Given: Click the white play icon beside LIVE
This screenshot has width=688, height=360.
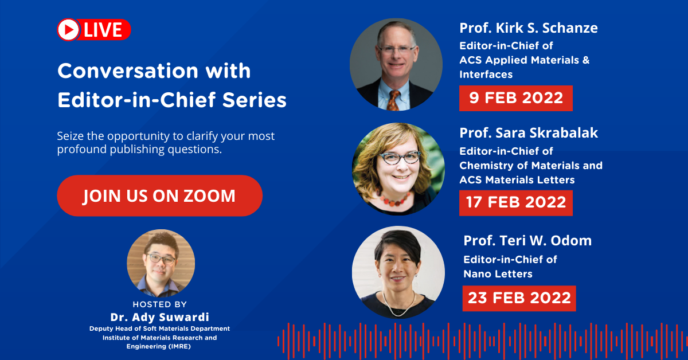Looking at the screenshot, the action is tap(68, 30).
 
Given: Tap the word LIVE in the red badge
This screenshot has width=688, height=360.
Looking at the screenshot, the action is tap(103, 30).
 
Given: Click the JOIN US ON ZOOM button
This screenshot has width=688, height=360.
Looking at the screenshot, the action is tap(160, 195).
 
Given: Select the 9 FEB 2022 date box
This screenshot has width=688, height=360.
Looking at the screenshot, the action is tap(516, 98).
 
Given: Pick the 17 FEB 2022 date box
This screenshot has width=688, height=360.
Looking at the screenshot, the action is tap(516, 203).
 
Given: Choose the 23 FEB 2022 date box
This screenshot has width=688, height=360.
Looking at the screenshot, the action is tap(519, 298).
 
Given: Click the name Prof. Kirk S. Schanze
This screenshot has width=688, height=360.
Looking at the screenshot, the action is tap(529, 28).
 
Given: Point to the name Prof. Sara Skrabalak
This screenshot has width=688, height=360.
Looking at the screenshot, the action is tap(529, 133).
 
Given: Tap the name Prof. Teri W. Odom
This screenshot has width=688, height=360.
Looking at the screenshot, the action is tap(527, 241).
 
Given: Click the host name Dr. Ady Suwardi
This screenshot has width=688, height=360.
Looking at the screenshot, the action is tap(160, 317).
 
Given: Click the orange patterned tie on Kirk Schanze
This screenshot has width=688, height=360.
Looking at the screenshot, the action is tap(393, 100).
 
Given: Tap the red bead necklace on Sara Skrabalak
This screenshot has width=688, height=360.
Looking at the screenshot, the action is tap(394, 199).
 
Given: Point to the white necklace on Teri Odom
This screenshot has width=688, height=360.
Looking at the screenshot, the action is tap(399, 305).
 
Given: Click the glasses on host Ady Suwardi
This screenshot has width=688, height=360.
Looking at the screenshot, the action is tap(161, 259).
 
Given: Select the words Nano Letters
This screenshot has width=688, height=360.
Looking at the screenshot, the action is tap(498, 273).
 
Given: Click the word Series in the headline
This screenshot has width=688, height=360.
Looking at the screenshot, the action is tap(255, 100).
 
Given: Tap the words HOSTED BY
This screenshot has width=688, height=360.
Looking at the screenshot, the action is tap(160, 304).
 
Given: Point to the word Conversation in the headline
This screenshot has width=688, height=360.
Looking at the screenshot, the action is tap(128, 71).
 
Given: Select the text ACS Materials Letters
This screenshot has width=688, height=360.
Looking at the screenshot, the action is tap(517, 179).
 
